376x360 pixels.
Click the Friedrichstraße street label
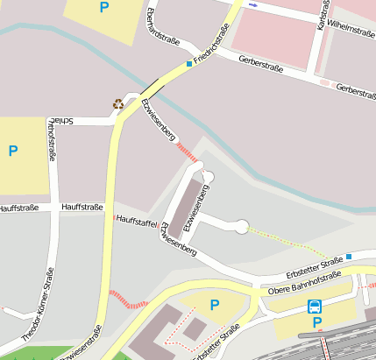(x=212, y=44)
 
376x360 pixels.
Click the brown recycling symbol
(x=118, y=103)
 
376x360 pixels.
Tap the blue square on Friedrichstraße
(x=188, y=64)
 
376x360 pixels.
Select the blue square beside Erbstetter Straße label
(x=348, y=256)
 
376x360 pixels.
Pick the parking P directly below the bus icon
(x=317, y=322)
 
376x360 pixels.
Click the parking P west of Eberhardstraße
(x=105, y=8)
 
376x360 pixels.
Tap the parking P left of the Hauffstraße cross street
(x=12, y=151)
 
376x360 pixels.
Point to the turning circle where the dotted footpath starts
(x=241, y=227)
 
